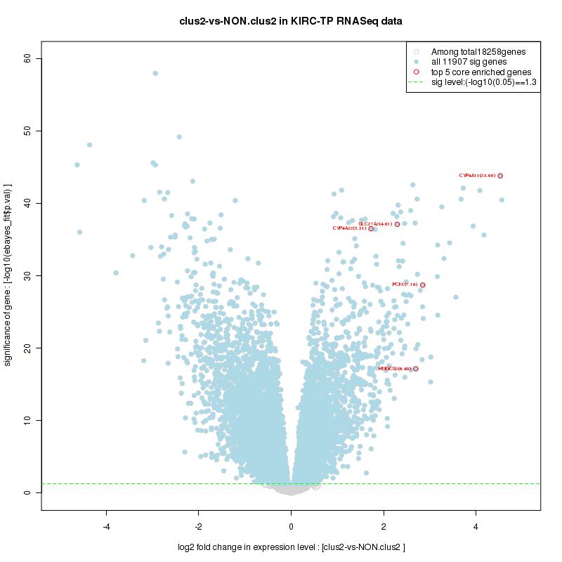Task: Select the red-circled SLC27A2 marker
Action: tap(398, 224)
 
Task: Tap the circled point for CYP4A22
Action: tap(371, 228)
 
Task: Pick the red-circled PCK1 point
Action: tap(423, 285)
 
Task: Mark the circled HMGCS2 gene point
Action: tap(416, 369)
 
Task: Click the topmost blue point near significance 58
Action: tap(155, 73)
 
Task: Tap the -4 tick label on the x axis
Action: tap(106, 527)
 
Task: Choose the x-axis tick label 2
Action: tap(384, 527)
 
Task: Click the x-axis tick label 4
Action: tap(476, 527)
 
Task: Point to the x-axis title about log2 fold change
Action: tap(291, 547)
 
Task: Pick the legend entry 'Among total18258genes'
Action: tap(478, 51)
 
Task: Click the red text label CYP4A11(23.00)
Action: tap(477, 176)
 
